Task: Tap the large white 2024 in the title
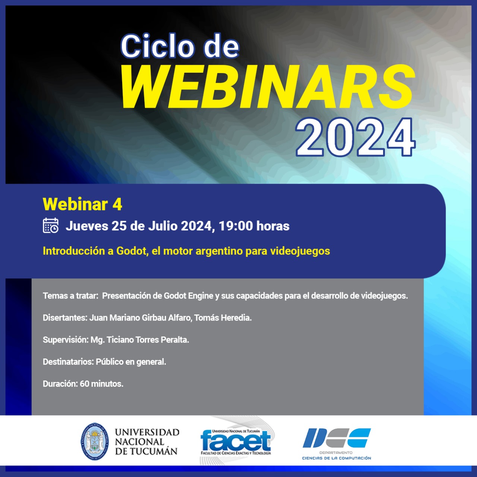coord(356,138)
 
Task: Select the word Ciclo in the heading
coord(157,46)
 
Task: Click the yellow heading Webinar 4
coord(82,204)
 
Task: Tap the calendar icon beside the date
coord(51,225)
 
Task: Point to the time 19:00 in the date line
coord(236,226)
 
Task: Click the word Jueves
coord(87,226)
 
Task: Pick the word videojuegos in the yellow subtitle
coord(300,251)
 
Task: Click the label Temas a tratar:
coord(70,296)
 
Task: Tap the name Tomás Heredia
coord(223,318)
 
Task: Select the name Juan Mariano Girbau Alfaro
coord(140,318)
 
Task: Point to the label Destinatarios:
coord(68,362)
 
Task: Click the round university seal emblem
coord(95,442)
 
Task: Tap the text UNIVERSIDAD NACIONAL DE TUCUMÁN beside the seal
coord(147,442)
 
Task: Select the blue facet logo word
coord(236,440)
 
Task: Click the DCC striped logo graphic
coord(337,437)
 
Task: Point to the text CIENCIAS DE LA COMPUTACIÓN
coord(337,458)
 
